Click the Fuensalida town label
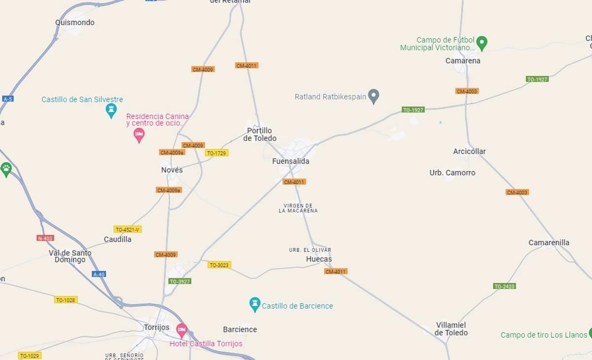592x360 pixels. (x=291, y=161)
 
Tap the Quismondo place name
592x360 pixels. (x=75, y=23)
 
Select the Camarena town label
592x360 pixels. (x=463, y=61)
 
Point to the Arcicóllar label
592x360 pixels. (x=469, y=151)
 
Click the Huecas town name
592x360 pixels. (x=319, y=259)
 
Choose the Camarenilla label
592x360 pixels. (x=549, y=243)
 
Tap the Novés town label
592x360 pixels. (x=172, y=170)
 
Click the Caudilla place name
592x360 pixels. (x=117, y=239)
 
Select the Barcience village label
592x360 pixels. (x=240, y=329)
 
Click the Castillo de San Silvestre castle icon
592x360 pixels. (x=111, y=109)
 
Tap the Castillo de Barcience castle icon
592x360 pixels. (x=255, y=304)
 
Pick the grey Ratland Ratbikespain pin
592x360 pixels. (x=374, y=96)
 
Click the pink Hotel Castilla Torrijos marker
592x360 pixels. (x=182, y=329)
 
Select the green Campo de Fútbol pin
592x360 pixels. (x=482, y=42)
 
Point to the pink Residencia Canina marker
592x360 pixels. (x=139, y=134)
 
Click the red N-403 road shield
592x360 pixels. (x=45, y=238)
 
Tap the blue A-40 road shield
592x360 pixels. (x=99, y=274)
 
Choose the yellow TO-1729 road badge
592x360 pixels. (x=217, y=153)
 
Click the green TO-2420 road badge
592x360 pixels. (x=504, y=286)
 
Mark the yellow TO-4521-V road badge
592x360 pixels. (x=128, y=229)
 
